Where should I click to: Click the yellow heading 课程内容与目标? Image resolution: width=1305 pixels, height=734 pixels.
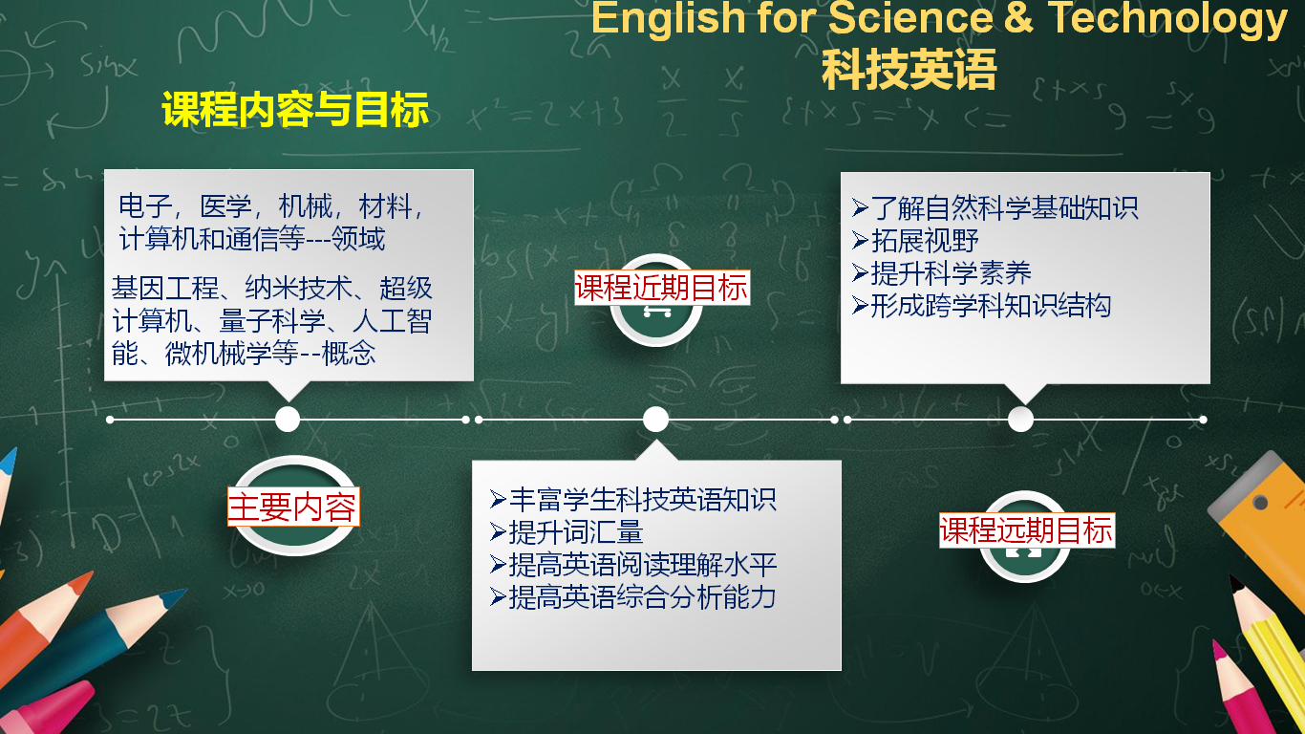(295, 109)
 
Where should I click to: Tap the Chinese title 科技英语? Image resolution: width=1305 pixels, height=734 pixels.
(909, 70)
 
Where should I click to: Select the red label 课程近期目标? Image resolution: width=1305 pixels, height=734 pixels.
(662, 288)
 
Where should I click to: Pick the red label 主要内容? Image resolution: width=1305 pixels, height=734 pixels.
(293, 507)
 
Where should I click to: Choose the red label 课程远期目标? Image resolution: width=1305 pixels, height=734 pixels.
(1027, 529)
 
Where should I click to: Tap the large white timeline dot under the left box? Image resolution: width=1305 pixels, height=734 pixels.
(288, 420)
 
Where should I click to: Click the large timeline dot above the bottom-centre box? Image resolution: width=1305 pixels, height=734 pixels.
(655, 420)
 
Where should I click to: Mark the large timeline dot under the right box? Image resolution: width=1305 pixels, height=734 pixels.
(1020, 420)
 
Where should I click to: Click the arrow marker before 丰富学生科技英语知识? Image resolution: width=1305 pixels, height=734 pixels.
(498, 499)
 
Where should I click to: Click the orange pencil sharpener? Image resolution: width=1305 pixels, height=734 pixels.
(1261, 513)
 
